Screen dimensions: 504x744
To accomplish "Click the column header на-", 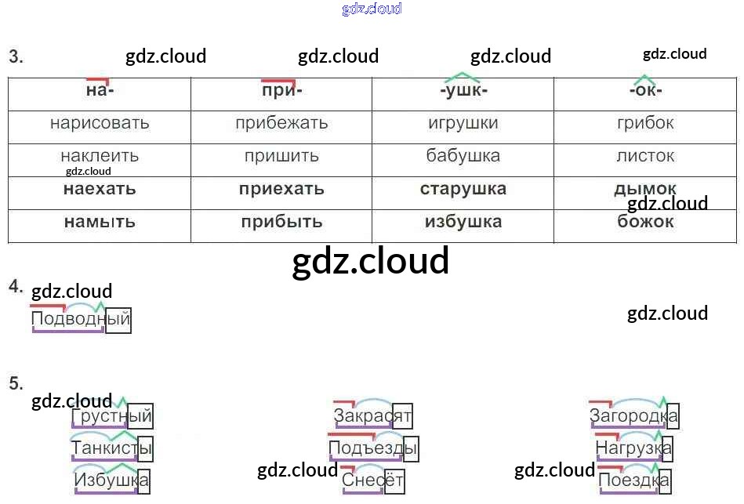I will click(x=100, y=90).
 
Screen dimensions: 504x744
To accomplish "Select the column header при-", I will click(x=281, y=90).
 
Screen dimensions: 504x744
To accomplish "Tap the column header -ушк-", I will click(x=463, y=90).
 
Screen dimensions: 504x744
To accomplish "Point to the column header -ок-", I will click(x=645, y=90).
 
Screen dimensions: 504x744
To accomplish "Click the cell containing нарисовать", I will click(x=100, y=123).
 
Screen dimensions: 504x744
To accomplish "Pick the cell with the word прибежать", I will click(x=281, y=123).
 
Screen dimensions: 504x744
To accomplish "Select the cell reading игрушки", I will click(x=463, y=123).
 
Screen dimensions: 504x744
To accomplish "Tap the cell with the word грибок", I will click(x=645, y=123).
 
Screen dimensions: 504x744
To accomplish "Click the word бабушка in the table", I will click(x=463, y=156).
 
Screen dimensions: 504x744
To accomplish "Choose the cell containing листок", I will click(x=645, y=156).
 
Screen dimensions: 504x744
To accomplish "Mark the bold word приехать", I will click(x=281, y=189).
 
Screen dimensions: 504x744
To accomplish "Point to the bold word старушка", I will click(x=463, y=189).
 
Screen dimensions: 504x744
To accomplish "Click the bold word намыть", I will click(x=100, y=222).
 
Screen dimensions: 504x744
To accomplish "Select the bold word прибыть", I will click(x=281, y=222).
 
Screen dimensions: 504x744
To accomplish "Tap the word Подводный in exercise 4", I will click(x=80, y=320).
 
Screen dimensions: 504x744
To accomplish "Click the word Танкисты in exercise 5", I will click(x=111, y=449).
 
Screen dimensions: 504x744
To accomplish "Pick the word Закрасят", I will click(x=372, y=416).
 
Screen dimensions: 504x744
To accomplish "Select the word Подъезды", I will click(x=372, y=449).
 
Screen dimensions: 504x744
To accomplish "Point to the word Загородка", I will click(x=633, y=416).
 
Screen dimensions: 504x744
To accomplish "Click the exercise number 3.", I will click(x=16, y=56).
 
